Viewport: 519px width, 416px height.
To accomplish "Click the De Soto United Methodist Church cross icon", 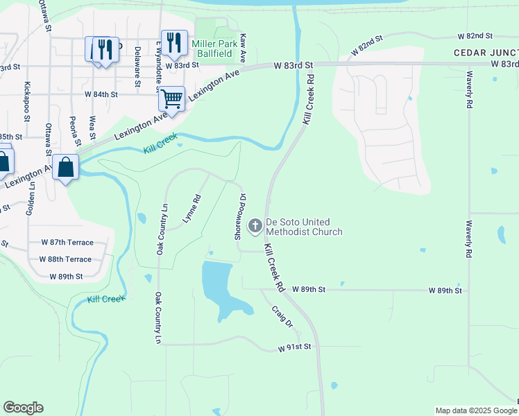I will click(255, 225).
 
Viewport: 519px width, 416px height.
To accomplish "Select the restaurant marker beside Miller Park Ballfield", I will click(173, 42).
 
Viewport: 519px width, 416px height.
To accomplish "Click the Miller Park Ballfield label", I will click(212, 48).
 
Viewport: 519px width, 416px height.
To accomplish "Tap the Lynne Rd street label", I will click(192, 208).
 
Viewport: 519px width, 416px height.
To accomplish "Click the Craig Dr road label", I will click(282, 316).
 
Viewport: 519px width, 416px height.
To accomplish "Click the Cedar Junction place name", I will click(486, 53).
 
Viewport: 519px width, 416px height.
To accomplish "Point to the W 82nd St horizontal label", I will click(475, 35).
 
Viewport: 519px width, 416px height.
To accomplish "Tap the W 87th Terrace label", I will click(67, 243).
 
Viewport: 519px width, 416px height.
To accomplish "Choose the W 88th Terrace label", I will click(67, 259).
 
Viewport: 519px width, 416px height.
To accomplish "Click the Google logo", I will click(23, 408).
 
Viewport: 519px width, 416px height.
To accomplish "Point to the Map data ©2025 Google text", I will click(475, 410).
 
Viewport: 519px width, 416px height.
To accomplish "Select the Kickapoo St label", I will click(27, 101).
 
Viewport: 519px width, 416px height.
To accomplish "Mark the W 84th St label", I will click(101, 94).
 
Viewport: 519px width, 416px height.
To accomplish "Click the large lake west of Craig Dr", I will click(221, 286).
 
